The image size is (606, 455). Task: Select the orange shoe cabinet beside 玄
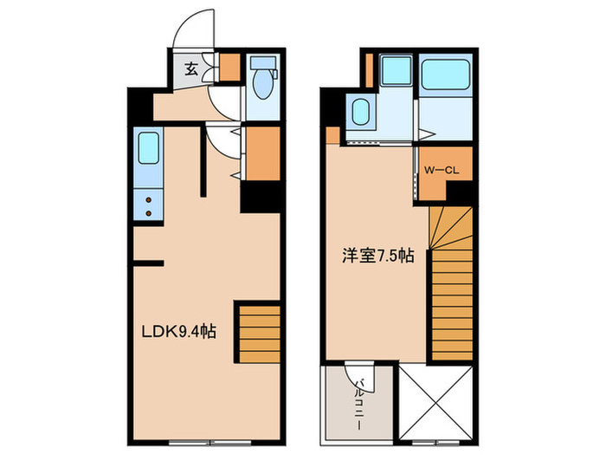pos(229,67)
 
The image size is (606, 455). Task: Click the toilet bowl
pos(261,82)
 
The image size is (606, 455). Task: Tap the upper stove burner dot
pos(148,198)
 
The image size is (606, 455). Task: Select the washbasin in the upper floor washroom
pos(361,112)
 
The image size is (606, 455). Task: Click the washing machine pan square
pos(396,70)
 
